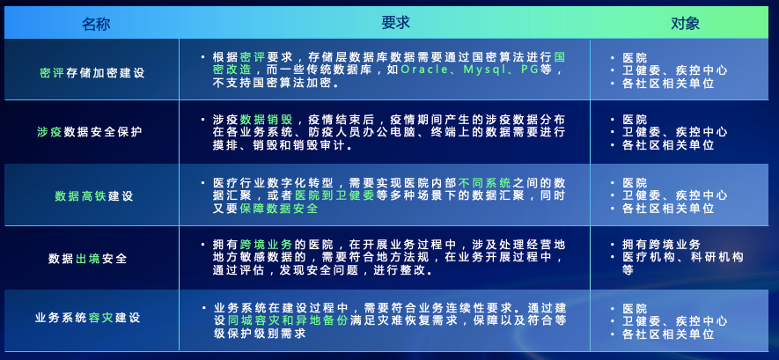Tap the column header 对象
click(685, 24)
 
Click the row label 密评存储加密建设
click(92, 72)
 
